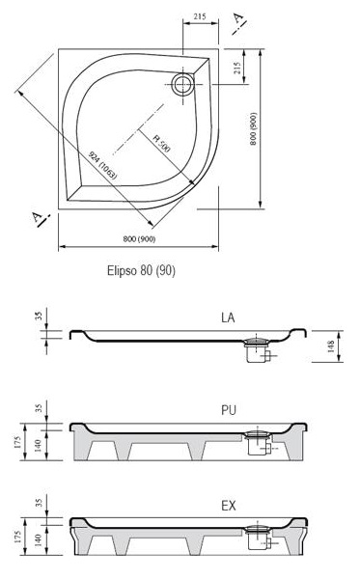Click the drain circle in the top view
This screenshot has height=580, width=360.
coord(183,84)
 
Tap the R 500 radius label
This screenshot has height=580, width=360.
coord(162,144)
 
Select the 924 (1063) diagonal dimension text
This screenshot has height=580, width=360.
coord(103,165)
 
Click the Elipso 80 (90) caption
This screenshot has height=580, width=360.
coord(141,270)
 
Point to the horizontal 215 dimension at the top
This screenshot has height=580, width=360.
coord(200,16)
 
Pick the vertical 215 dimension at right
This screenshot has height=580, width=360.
coord(237,69)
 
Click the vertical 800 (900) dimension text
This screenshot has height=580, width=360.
coord(253,128)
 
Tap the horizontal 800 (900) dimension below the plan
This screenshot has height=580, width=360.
coord(139,239)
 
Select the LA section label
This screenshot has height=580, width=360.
coord(228,318)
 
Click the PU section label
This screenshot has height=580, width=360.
coord(229,410)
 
